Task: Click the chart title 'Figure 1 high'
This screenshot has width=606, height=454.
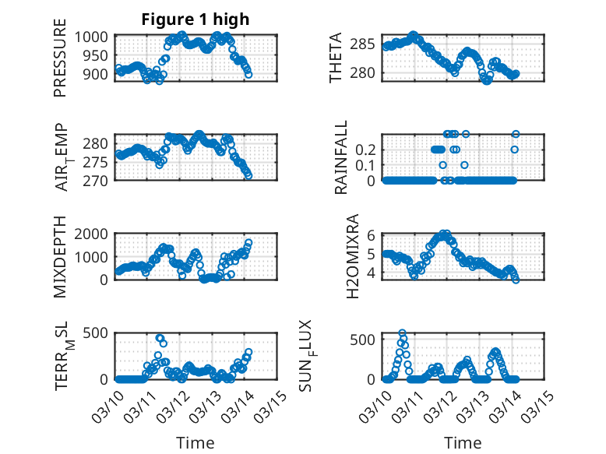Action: coord(195,20)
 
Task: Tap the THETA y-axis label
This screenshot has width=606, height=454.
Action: coord(336,58)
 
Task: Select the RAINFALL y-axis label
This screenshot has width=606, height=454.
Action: coord(341,158)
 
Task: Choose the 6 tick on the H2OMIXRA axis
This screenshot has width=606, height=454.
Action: coord(372,234)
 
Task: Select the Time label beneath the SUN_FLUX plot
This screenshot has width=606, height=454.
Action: coord(463,443)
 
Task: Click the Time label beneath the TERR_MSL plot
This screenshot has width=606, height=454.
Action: coord(196,443)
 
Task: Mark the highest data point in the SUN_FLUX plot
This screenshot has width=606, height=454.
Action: coord(403,333)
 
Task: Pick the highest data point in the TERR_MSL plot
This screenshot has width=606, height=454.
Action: coord(160,338)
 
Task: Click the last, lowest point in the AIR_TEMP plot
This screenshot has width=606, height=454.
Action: coord(248,176)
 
